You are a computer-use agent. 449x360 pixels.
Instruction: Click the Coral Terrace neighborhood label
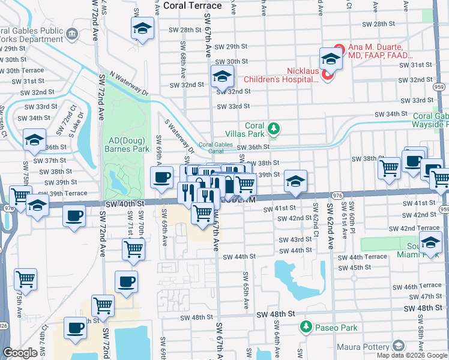[192, 6]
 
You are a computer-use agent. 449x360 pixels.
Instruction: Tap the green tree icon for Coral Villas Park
[274, 128]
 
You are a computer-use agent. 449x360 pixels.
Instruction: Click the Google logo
[20, 353]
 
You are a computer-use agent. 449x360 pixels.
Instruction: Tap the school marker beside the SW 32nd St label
[221, 77]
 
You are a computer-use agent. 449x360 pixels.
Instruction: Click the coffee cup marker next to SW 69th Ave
[161, 178]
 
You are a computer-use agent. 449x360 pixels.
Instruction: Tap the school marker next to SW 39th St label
[295, 181]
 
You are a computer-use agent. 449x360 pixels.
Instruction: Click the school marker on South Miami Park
[430, 243]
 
